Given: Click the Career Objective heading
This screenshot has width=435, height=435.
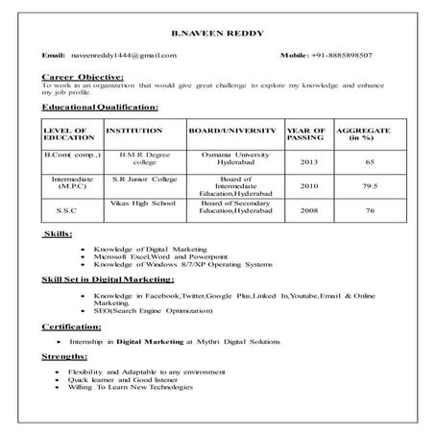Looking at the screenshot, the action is click(83, 75).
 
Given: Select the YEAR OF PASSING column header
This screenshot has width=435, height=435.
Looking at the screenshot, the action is click(305, 134).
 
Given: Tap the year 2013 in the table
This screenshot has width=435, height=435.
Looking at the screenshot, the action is click(308, 162).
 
